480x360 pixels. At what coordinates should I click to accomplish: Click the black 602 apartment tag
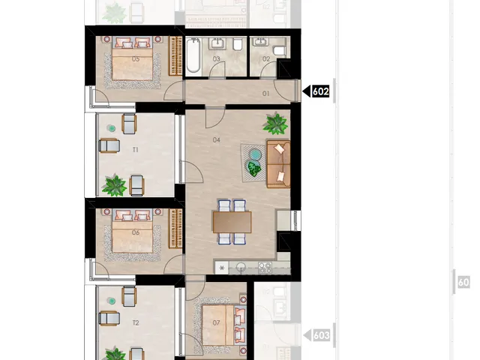click(320, 92)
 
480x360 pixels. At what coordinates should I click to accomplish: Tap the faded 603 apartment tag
click(321, 335)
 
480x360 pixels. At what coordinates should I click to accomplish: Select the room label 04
click(216, 139)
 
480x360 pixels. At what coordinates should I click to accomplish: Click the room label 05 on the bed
click(136, 58)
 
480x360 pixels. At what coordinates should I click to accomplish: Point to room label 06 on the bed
click(136, 232)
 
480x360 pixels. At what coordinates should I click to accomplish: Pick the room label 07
click(216, 322)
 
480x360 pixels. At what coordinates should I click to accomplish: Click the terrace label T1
click(136, 150)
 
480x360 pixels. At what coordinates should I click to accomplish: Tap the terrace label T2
click(136, 322)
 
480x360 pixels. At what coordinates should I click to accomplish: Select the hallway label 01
click(265, 94)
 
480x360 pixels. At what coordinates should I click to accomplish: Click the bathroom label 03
click(216, 58)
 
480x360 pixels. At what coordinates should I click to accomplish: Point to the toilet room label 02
click(266, 58)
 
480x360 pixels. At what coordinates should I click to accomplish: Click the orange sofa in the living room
click(278, 161)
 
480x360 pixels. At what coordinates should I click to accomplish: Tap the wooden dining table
click(232, 221)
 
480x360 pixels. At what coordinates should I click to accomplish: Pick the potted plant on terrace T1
click(114, 184)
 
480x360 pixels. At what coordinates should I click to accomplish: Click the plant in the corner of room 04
click(277, 123)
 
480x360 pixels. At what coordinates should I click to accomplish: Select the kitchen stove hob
click(264, 267)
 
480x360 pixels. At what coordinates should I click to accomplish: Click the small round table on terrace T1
click(111, 128)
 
